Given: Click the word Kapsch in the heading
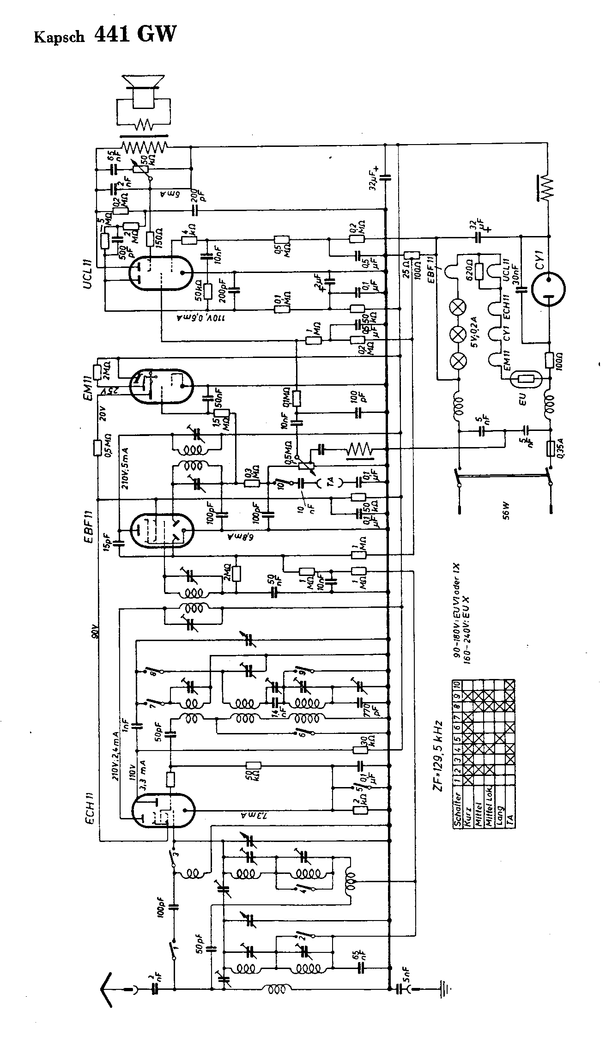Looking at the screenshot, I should click(x=60, y=37).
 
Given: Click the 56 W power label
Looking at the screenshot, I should click(x=506, y=511).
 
